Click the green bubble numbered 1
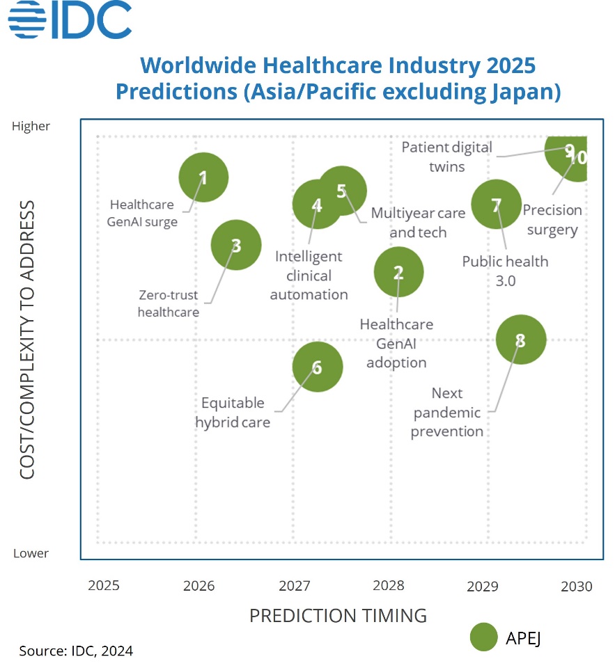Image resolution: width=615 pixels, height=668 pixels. tap(203, 177)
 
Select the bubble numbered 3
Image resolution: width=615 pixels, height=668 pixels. tap(236, 245)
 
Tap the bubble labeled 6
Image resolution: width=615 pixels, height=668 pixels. tap(318, 367)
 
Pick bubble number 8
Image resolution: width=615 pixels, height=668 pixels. tap(520, 340)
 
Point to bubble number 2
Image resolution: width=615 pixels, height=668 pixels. tap(398, 272)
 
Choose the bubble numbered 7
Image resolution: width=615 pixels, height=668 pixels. tap(496, 205)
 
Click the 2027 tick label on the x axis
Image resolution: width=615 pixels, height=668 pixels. tap(294, 585)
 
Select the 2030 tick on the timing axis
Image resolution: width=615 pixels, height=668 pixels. tap(577, 586)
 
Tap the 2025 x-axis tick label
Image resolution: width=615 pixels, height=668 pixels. tap(104, 585)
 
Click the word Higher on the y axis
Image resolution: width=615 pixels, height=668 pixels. tap(31, 127)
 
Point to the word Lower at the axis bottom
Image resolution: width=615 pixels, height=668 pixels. tap(31, 554)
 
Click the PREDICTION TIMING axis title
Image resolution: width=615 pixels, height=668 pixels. tap(338, 616)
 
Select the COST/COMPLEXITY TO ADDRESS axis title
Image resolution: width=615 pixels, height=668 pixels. tap(27, 340)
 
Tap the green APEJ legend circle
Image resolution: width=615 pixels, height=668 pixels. tap(483, 637)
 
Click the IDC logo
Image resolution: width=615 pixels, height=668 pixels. tap(70, 20)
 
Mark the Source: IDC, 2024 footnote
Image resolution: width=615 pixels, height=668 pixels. tap(76, 651)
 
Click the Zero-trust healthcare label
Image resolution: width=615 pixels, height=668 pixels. tap(168, 303)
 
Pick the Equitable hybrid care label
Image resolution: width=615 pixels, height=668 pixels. tap(233, 413)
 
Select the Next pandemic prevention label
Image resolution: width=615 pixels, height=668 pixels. tap(446, 413)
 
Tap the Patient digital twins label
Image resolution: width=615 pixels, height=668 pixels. tap(447, 157)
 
